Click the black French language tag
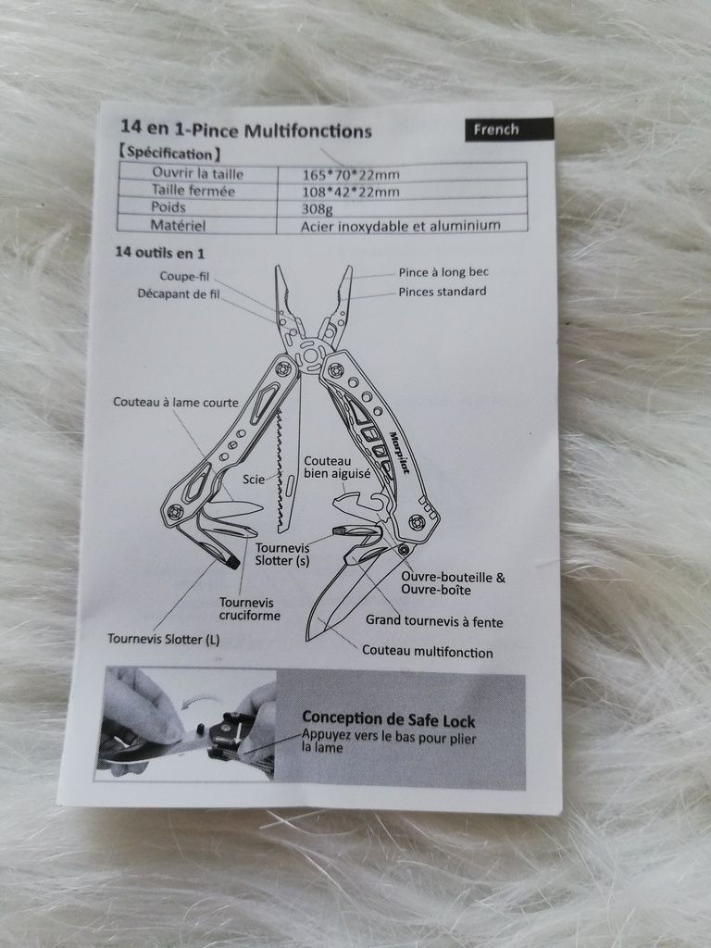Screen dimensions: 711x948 tap(509, 130)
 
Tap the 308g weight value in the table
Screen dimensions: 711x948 tap(318, 209)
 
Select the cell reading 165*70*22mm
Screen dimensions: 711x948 tap(351, 175)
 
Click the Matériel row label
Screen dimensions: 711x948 tap(178, 226)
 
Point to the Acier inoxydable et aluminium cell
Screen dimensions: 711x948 tap(401, 226)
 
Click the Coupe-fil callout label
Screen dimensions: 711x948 tap(184, 276)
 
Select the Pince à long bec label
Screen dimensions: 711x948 tap(443, 272)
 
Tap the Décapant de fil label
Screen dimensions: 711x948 tap(179, 293)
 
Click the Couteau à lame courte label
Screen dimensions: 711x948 tap(175, 402)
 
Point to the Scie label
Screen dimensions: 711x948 tap(254, 479)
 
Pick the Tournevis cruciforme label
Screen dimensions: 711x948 tap(250, 609)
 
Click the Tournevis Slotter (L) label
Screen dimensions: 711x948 tap(163, 639)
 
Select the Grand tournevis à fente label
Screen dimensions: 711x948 tap(434, 621)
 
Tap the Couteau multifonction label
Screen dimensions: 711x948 tap(428, 652)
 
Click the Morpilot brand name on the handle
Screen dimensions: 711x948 tap(398, 453)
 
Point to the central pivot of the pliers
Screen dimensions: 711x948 tap(311, 355)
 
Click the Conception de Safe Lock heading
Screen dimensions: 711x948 tap(389, 718)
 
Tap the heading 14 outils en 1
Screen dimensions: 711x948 tap(159, 252)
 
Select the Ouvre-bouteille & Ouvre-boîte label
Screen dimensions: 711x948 tap(453, 583)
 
